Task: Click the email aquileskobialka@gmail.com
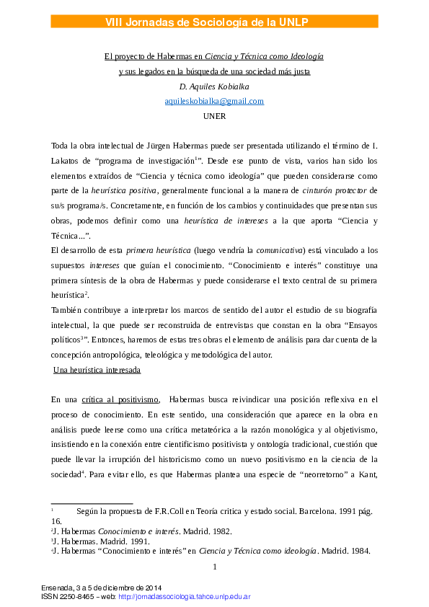(x=214, y=101)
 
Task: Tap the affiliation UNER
(x=214, y=115)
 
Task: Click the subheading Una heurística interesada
(x=97, y=370)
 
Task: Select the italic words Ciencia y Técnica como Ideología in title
(x=264, y=56)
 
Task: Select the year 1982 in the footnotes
(x=214, y=531)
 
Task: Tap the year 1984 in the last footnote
(x=358, y=551)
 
